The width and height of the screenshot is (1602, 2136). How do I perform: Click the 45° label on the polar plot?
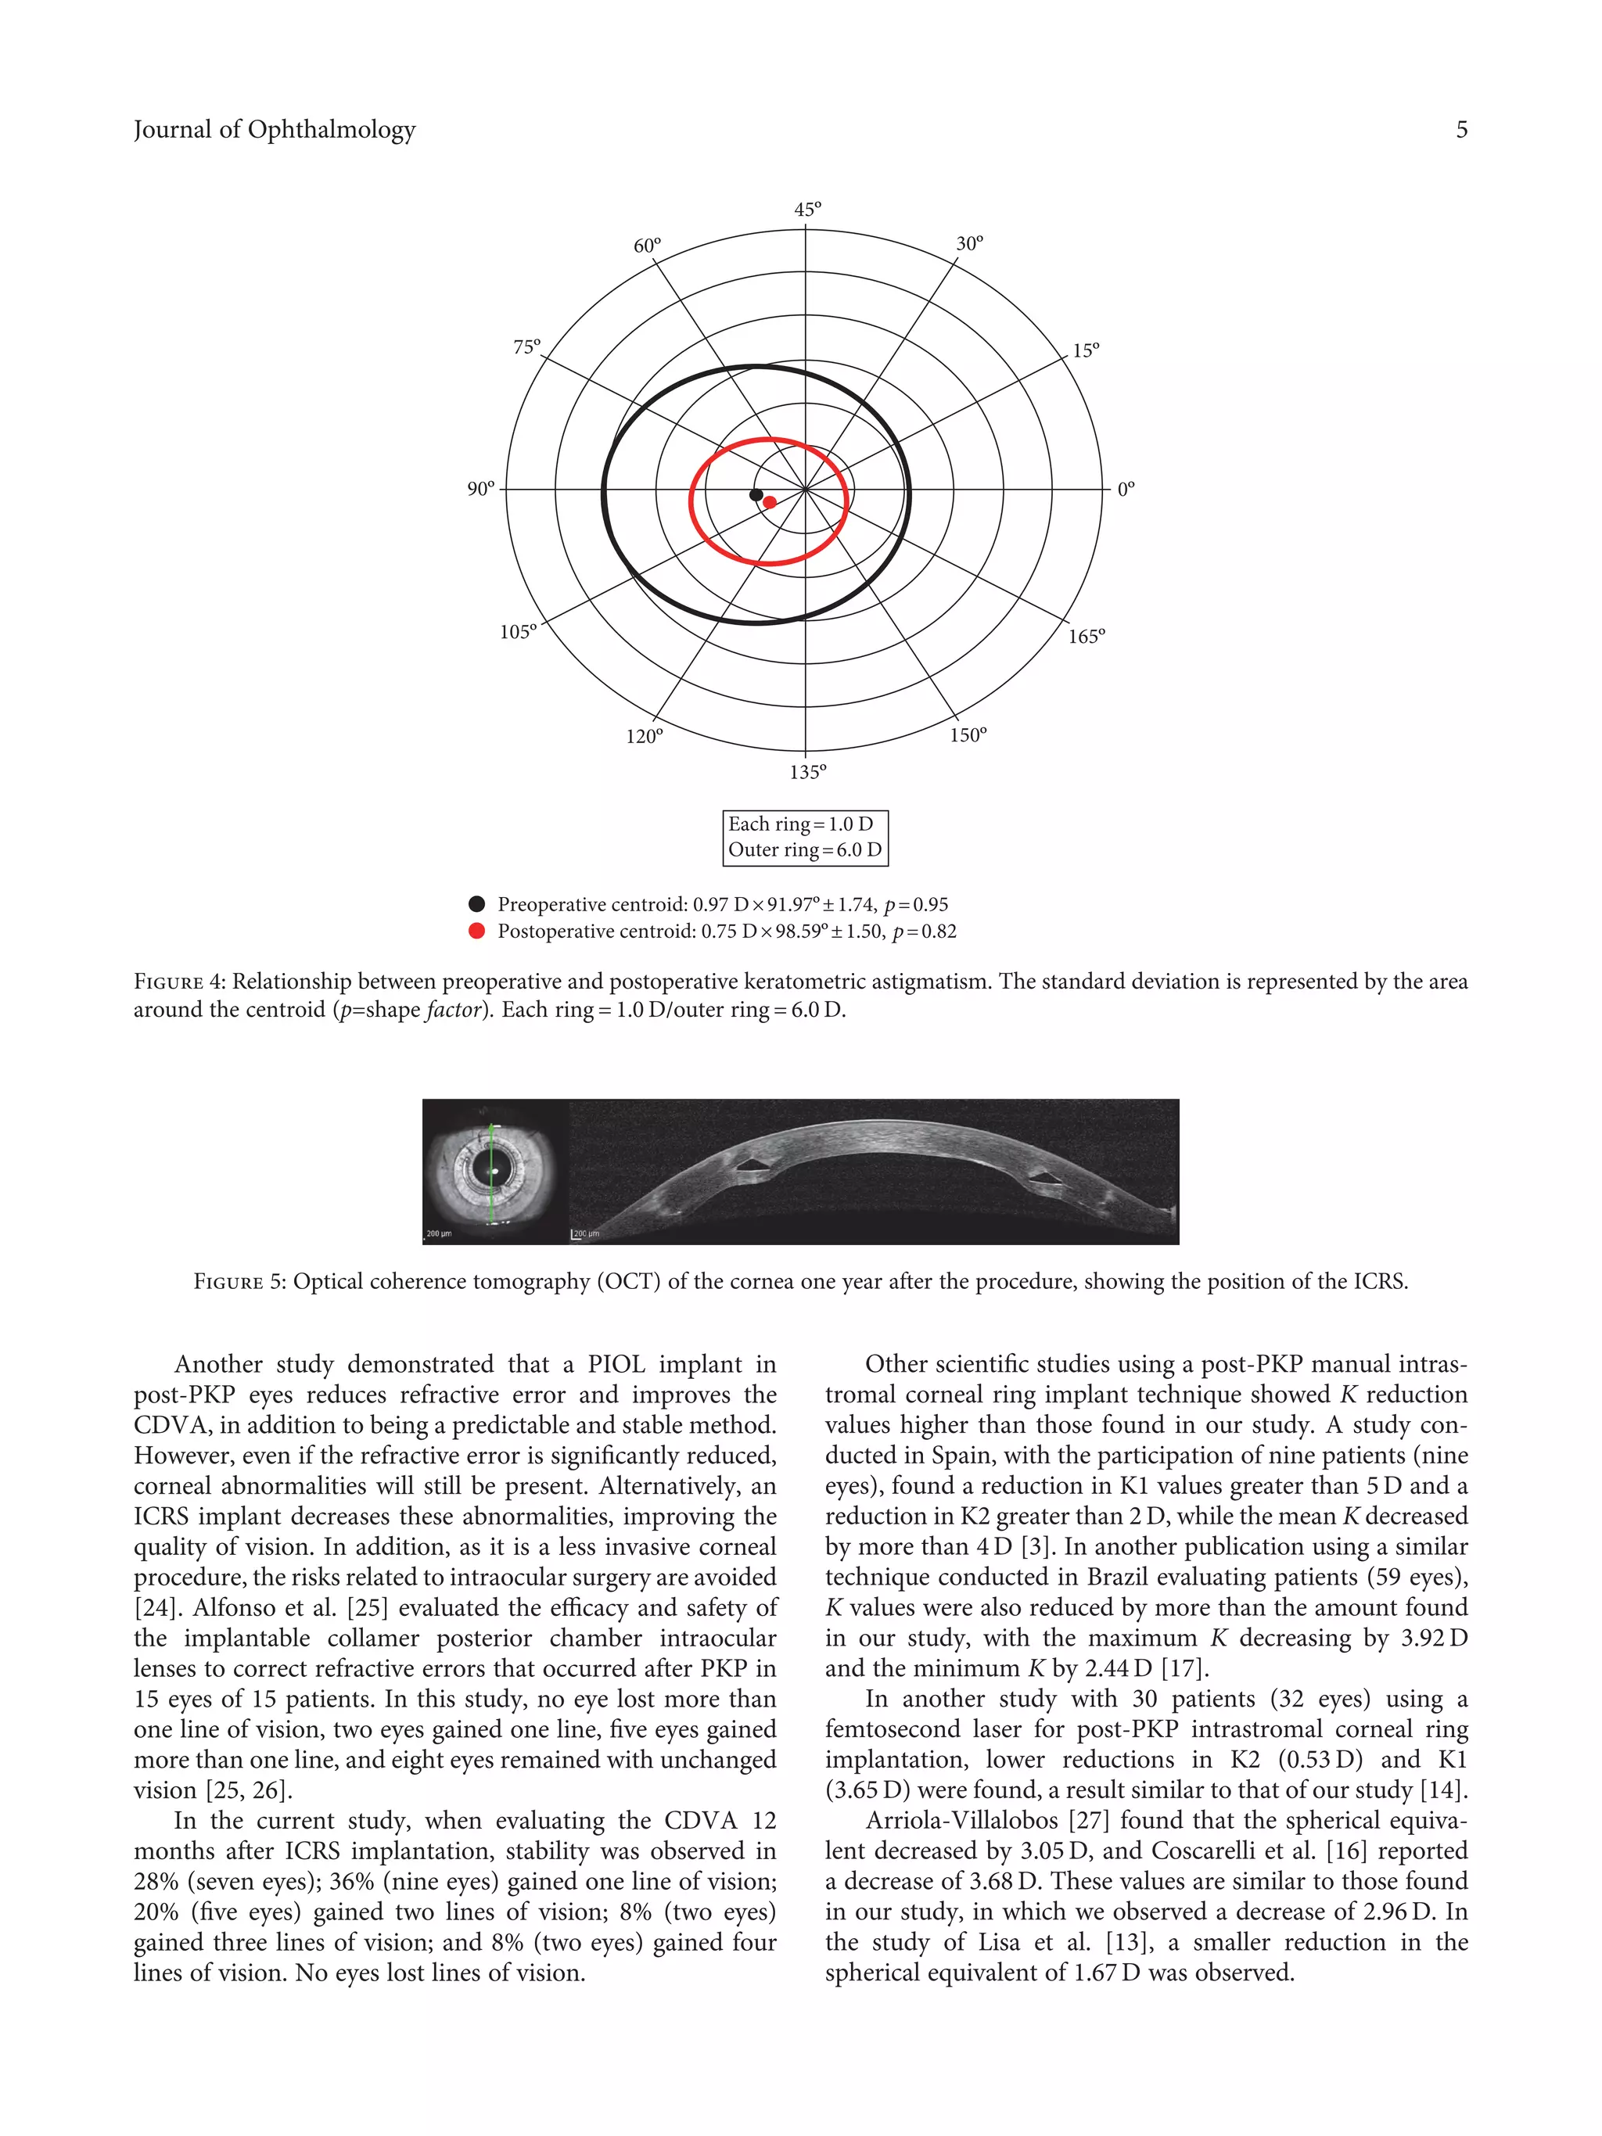(x=807, y=210)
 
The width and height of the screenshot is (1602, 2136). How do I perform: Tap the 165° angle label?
(x=1086, y=637)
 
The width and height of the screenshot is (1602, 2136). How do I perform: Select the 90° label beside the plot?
(x=481, y=490)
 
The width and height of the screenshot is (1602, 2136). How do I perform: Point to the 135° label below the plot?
(x=807, y=771)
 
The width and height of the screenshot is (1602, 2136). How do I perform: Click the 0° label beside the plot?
(x=1126, y=490)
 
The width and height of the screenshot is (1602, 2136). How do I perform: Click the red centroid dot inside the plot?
(x=770, y=502)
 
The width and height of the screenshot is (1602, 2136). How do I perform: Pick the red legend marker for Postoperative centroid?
(x=476, y=931)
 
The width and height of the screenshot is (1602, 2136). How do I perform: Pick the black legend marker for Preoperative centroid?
(x=476, y=904)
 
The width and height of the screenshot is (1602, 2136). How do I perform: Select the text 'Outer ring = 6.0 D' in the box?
(x=804, y=849)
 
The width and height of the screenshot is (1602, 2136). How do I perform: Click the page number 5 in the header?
(x=1461, y=129)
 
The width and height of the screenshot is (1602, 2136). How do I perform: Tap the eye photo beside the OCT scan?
(x=494, y=1172)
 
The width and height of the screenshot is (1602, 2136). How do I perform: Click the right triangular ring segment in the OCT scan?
(x=1042, y=1178)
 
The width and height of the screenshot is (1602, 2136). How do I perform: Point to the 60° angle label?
(x=647, y=246)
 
